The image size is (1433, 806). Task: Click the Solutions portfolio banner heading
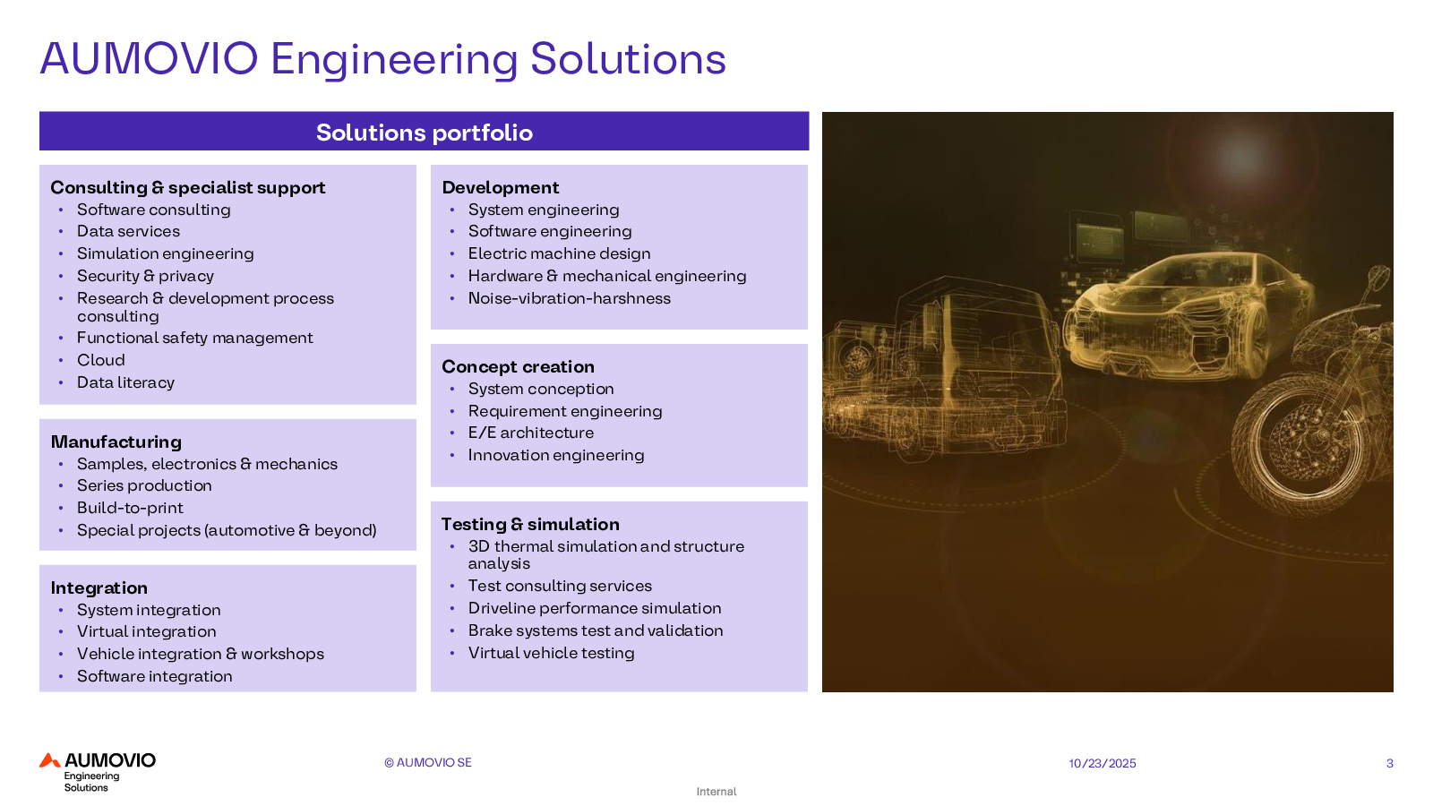tap(425, 133)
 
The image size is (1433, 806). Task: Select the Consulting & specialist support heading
tap(187, 187)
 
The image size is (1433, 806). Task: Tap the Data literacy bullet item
tap(125, 382)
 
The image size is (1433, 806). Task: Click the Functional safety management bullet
tap(194, 338)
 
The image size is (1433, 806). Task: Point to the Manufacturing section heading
tap(116, 442)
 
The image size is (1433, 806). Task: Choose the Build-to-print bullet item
tap(130, 508)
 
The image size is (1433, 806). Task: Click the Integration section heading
tap(99, 587)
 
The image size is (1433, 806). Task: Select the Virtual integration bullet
tap(147, 631)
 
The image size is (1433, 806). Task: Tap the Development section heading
tap(501, 187)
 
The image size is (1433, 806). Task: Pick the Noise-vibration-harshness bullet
tap(570, 298)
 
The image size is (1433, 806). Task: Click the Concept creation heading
tap(519, 366)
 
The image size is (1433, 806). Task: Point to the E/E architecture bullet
tap(531, 433)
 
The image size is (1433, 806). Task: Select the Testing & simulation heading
tap(530, 525)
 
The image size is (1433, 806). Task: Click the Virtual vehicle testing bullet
tap(552, 653)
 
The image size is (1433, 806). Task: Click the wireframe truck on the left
tap(944, 368)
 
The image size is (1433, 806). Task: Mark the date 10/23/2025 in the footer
tap(1103, 763)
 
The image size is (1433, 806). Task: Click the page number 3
tap(1389, 763)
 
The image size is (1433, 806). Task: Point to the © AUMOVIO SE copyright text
tap(427, 762)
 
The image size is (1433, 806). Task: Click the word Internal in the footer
tap(716, 792)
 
